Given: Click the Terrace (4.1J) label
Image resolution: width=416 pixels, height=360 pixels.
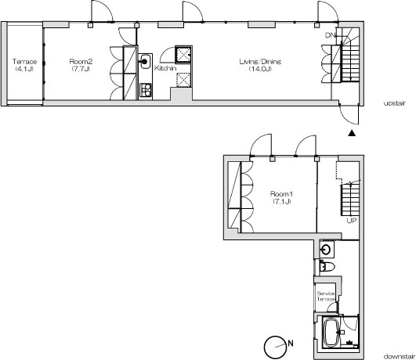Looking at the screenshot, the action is (x=24, y=66).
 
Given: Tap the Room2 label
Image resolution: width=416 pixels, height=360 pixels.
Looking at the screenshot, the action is (x=81, y=62).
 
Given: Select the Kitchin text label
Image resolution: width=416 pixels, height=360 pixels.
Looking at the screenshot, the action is (x=165, y=68).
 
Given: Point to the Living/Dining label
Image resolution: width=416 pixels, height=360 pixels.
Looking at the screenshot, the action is (x=260, y=62).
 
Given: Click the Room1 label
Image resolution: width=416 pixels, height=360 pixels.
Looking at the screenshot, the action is (x=281, y=194).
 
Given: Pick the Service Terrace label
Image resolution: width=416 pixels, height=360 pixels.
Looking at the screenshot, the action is (x=326, y=297).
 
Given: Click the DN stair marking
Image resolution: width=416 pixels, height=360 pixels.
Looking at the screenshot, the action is (x=331, y=35).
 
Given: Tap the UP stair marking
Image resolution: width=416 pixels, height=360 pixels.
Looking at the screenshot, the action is (x=352, y=220).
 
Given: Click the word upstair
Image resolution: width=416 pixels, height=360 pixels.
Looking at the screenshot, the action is (x=395, y=103).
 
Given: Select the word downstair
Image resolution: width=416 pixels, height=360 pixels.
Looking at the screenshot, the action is (x=400, y=356).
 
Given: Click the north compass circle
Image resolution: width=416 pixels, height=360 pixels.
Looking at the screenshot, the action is (x=274, y=347).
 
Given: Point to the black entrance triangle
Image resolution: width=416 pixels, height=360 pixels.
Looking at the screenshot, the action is (x=352, y=133).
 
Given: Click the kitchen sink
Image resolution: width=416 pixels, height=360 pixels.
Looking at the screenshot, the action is (x=145, y=62).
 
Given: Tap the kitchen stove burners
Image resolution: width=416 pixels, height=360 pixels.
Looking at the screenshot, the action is (x=146, y=90).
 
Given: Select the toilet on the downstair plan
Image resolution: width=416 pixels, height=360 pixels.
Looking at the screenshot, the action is (x=327, y=266).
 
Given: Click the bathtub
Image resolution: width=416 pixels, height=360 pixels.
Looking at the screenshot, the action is (x=331, y=332).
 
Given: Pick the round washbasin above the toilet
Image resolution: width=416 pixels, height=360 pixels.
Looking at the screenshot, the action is (x=326, y=250).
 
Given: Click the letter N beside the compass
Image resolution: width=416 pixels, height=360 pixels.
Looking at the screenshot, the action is (x=291, y=344).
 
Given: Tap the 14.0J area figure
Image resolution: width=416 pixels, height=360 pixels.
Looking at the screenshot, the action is (x=260, y=69).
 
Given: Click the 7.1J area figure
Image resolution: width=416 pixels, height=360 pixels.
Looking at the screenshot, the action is (x=282, y=201).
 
